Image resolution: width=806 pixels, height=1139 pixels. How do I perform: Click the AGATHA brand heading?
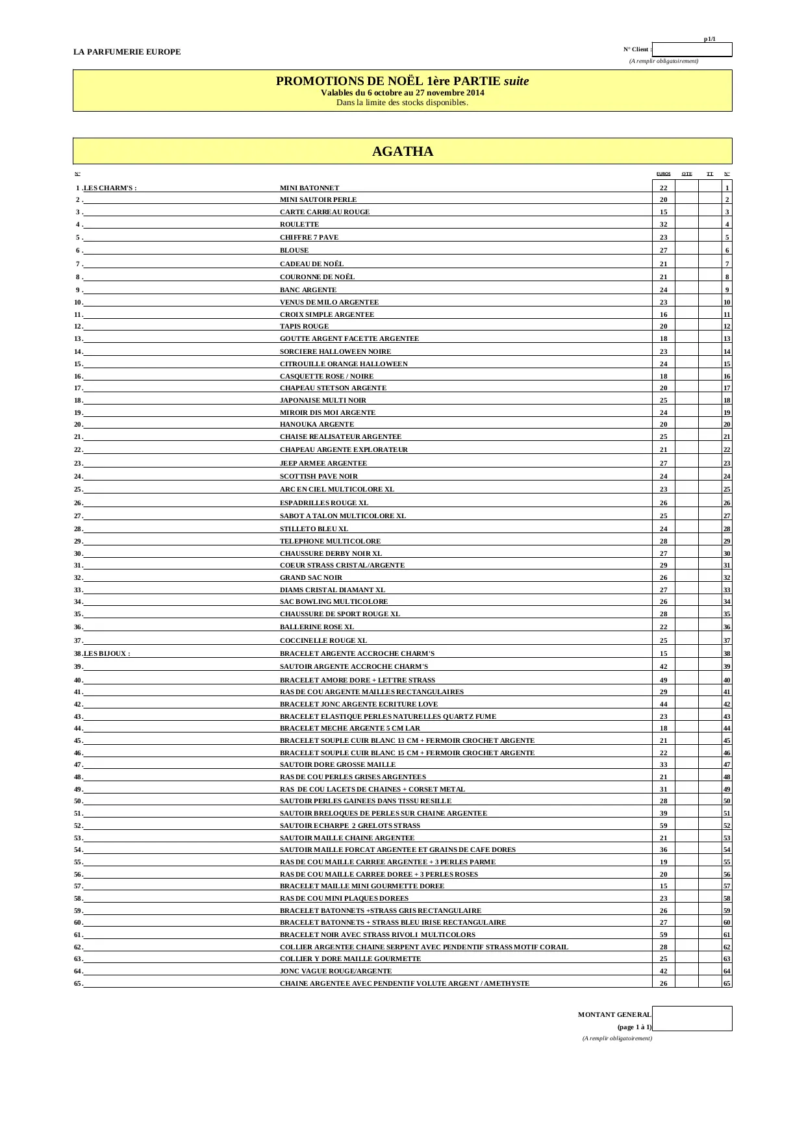tap(402, 151)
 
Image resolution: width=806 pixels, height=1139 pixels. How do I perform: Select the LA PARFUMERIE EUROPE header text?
tap(127, 52)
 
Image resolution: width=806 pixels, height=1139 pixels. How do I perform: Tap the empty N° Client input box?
tap(692, 49)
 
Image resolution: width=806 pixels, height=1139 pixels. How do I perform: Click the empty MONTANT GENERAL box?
tap(692, 1018)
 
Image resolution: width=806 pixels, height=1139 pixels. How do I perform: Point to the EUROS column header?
tap(663, 174)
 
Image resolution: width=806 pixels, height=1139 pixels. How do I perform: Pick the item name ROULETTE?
tap(299, 225)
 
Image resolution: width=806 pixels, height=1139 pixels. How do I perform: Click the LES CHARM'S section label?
tap(110, 188)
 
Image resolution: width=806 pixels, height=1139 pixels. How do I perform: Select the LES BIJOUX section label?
tap(107, 654)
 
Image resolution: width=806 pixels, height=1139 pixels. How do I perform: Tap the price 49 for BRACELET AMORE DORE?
tap(663, 681)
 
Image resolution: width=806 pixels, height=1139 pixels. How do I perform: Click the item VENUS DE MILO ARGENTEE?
tap(329, 303)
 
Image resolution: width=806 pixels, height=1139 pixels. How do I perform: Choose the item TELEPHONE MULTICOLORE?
tap(330, 542)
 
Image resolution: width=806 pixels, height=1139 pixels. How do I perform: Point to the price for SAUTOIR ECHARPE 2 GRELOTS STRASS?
tap(663, 826)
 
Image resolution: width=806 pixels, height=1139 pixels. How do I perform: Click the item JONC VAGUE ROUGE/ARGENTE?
tap(336, 971)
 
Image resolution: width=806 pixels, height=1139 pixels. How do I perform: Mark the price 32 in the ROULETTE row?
tap(663, 225)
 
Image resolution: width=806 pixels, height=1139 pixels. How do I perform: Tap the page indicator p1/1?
tap(709, 39)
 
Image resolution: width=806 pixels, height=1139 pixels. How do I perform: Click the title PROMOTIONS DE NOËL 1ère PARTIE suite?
tap(402, 81)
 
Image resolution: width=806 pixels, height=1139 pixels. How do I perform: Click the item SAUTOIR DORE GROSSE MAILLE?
tap(337, 765)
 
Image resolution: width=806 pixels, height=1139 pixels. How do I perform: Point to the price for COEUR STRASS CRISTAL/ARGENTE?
tap(663, 566)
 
